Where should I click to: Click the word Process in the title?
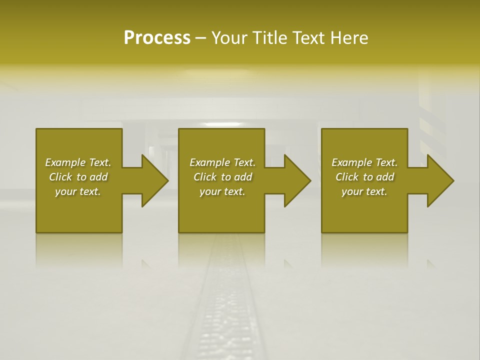[x=157, y=38]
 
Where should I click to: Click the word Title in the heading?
[x=270, y=38]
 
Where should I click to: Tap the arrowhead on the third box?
[x=439, y=180]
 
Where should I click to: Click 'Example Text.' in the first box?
[x=78, y=162]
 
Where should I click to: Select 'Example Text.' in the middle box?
[x=222, y=162]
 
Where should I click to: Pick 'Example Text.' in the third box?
[x=364, y=162]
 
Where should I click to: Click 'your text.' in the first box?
[x=78, y=191]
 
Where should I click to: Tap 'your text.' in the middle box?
[x=222, y=191]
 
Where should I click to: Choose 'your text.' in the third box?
[x=364, y=191]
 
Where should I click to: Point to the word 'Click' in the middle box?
[x=205, y=177]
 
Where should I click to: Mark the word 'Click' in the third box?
[x=347, y=177]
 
